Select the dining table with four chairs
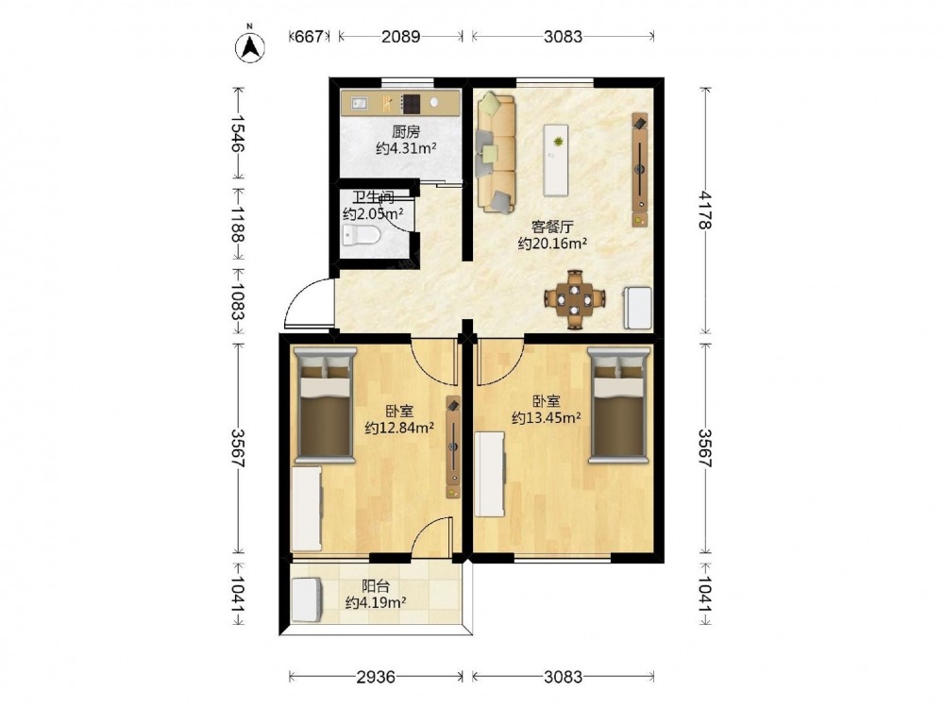[574, 298]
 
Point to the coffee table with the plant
[556, 160]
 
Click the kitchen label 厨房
[405, 132]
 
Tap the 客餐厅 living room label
[552, 227]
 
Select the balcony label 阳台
[375, 586]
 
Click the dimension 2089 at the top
[401, 36]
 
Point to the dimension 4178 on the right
[705, 211]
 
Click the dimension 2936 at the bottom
[376, 677]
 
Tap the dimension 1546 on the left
[239, 133]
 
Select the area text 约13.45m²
[546, 417]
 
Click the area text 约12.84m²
[400, 428]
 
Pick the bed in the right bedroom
[619, 405]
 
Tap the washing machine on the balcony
[307, 600]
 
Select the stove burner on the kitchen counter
[412, 104]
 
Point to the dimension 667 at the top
[309, 36]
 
